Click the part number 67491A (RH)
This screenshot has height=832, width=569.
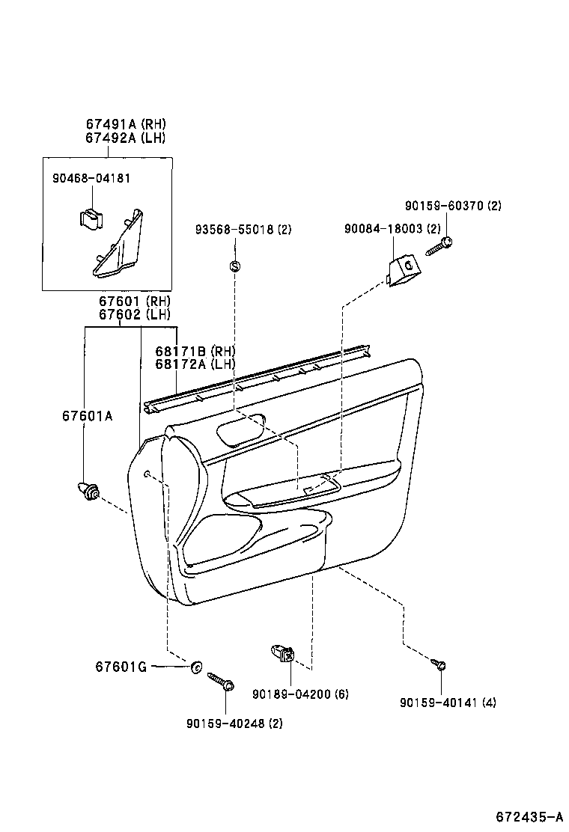pyautogui.click(x=125, y=124)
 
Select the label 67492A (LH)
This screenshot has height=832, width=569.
pyautogui.click(x=125, y=138)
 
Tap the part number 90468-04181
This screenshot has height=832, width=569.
pyautogui.click(x=91, y=179)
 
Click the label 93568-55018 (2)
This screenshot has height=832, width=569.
pyautogui.click(x=243, y=230)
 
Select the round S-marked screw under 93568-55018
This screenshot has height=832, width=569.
pyautogui.click(x=234, y=266)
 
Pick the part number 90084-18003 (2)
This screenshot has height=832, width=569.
pyautogui.click(x=393, y=230)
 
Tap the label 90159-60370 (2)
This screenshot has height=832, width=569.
pyautogui.click(x=453, y=206)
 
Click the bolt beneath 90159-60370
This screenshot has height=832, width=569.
pyautogui.click(x=440, y=245)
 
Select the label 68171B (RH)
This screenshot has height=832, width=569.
pyautogui.click(x=195, y=351)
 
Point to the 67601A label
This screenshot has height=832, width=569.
pyautogui.click(x=88, y=416)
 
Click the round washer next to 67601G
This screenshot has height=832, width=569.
pyautogui.click(x=197, y=666)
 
